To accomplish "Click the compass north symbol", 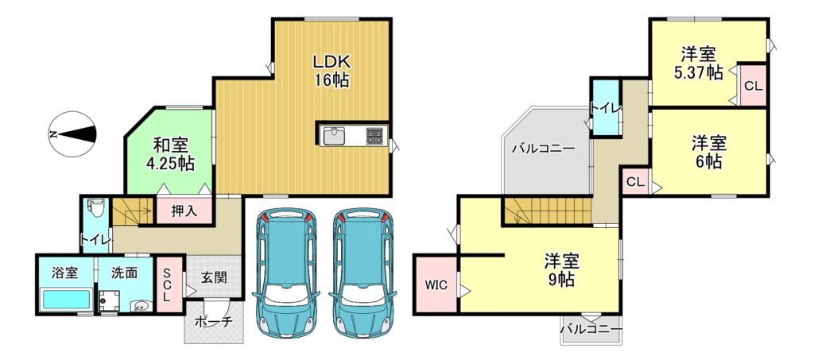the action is [72, 134].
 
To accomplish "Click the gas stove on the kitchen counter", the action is [374, 136].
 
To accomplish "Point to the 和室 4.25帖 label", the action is [170, 154].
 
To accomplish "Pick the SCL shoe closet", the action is [166, 285].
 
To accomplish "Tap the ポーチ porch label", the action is [213, 322].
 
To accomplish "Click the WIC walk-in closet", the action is [436, 285].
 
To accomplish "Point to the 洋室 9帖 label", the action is [562, 270].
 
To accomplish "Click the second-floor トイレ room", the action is [605, 108].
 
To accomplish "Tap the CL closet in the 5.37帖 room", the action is [753, 85].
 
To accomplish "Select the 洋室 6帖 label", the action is [709, 152].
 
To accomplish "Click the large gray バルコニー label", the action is [543, 149].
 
